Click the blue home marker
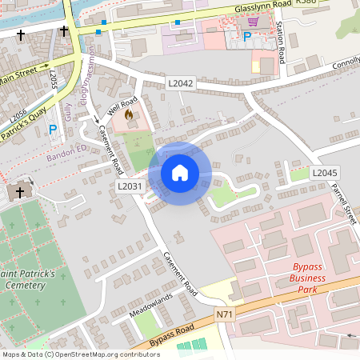click(180, 172)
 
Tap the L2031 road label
click(130, 186)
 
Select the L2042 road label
click(181, 82)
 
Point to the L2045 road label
click(325, 173)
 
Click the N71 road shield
click(226, 316)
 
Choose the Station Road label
click(281, 43)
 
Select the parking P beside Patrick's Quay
click(53, 129)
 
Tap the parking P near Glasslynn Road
click(247, 36)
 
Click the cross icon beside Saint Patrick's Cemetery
click(20, 193)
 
